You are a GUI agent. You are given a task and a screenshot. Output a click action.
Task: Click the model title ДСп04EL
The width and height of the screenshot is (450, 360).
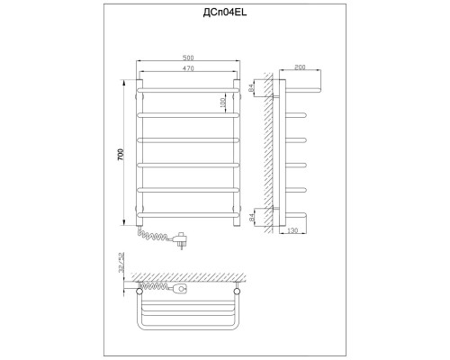point(225,13)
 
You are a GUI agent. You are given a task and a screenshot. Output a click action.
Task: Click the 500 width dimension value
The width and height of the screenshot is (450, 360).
point(188,58)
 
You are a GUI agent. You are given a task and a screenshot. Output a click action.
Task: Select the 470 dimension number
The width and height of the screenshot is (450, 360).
point(188,68)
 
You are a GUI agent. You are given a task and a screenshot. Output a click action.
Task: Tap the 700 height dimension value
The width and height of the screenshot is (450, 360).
point(121,155)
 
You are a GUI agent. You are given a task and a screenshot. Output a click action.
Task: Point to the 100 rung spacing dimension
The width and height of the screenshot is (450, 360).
point(222,103)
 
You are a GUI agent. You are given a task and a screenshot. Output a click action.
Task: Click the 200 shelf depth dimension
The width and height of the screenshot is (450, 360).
point(300,67)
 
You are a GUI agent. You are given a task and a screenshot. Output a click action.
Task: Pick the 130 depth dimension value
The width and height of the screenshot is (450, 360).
point(292,230)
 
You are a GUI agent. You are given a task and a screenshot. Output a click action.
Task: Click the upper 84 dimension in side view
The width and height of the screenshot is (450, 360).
point(251,88)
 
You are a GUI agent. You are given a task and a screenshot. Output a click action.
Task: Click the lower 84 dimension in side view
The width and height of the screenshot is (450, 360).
point(251,217)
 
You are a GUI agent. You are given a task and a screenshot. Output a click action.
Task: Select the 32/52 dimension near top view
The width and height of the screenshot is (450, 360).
point(121,262)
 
